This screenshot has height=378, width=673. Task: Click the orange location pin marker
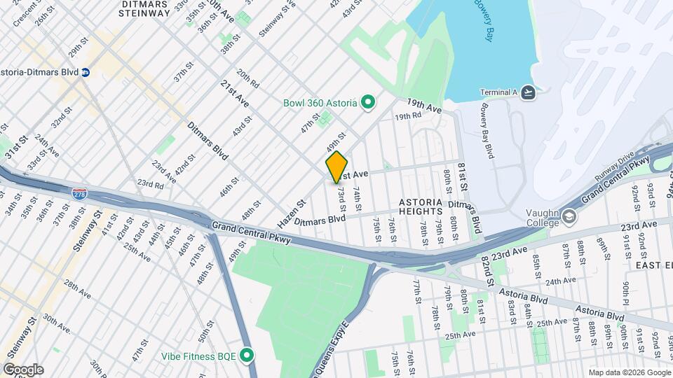(x=336, y=167)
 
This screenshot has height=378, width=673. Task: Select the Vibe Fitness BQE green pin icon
(x=246, y=356)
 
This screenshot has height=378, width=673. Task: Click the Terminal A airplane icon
(x=528, y=92)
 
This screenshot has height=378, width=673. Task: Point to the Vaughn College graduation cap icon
(x=569, y=217)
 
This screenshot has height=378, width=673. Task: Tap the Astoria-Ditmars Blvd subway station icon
(x=86, y=72)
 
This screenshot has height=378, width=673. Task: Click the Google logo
(x=22, y=369)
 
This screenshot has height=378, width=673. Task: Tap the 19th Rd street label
(x=408, y=116)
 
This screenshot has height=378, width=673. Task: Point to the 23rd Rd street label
(x=149, y=184)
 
